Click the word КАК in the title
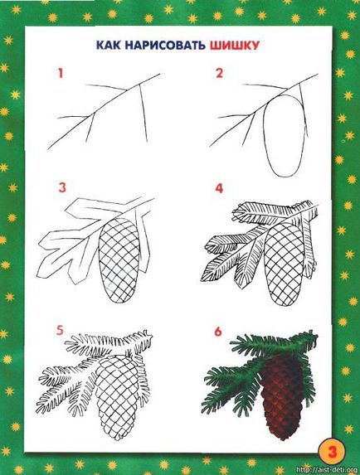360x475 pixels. [x=109, y=45]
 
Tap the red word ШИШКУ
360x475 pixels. [x=234, y=46]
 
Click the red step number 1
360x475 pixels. [x=61, y=73]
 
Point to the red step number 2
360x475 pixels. [x=219, y=73]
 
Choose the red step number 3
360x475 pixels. [x=62, y=187]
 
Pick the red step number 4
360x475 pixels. [x=219, y=188]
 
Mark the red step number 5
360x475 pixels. [x=60, y=330]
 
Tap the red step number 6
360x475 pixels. [x=218, y=332]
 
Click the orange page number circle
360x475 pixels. [x=332, y=453]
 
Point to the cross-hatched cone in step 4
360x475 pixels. [x=285, y=264]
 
